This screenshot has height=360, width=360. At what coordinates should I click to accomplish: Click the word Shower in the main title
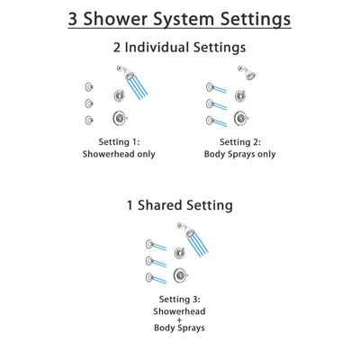tap(121, 18)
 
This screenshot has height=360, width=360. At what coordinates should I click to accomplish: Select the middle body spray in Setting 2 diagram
tap(209, 103)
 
